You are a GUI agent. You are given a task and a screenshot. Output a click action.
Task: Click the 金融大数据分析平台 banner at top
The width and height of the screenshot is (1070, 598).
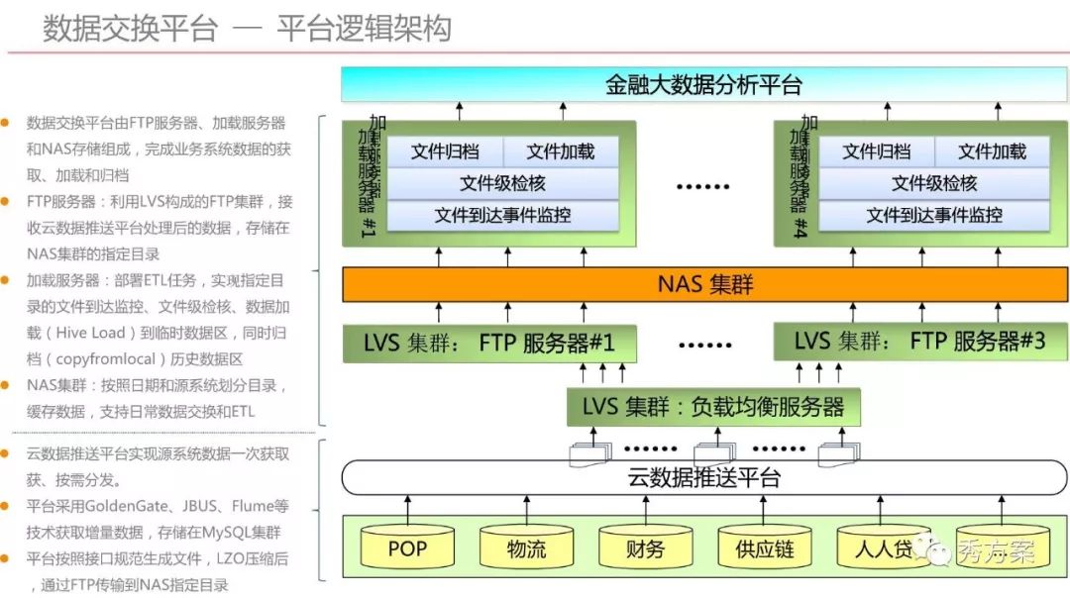(703, 84)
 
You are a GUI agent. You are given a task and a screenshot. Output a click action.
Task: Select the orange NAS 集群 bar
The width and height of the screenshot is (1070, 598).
(705, 285)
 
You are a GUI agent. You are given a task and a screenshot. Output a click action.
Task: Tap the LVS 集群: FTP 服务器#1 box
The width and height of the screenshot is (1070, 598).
(489, 344)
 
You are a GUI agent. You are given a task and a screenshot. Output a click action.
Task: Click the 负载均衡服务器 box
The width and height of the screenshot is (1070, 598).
(713, 407)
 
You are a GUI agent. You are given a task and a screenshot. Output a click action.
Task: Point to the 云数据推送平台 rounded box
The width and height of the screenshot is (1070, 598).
(704, 478)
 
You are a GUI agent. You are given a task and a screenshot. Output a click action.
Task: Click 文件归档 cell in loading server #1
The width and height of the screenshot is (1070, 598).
(445, 151)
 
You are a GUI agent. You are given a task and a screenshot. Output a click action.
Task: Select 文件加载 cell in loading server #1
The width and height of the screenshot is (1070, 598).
(561, 151)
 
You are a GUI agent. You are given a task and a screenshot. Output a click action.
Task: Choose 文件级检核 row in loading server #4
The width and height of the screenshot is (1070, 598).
(934, 183)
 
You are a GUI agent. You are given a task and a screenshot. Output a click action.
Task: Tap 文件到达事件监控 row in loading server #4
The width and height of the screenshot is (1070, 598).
(934, 215)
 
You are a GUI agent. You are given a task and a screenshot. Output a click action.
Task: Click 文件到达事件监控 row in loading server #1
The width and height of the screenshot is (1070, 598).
(503, 215)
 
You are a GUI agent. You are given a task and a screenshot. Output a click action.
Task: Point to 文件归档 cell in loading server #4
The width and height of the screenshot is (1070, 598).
(876, 151)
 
